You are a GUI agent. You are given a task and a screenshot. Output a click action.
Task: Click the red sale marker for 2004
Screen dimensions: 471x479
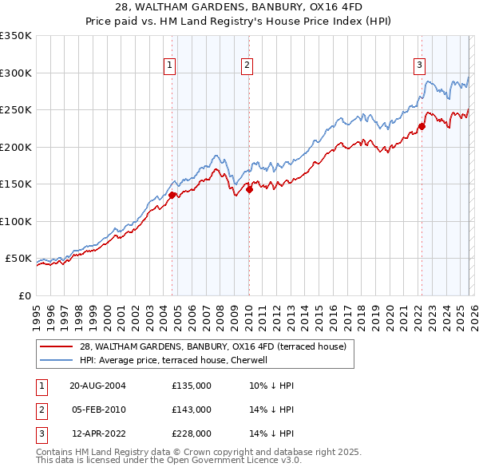(172, 194)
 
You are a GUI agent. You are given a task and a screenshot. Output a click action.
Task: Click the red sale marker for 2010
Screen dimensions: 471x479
(249, 189)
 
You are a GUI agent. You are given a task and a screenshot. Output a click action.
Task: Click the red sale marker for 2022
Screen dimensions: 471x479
(422, 125)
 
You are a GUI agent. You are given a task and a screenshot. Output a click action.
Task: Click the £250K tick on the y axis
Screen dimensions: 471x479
(15, 110)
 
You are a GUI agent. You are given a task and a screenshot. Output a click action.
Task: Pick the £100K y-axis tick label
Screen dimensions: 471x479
(15, 221)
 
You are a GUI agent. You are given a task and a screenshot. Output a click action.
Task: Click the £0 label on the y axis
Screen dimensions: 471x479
(23, 295)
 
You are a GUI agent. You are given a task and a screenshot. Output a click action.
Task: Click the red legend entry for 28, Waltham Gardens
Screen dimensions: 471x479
(212, 346)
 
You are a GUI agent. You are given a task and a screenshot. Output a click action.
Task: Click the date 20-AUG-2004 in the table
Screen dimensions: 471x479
(97, 386)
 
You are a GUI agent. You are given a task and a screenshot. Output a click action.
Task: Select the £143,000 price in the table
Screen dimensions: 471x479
(191, 410)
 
